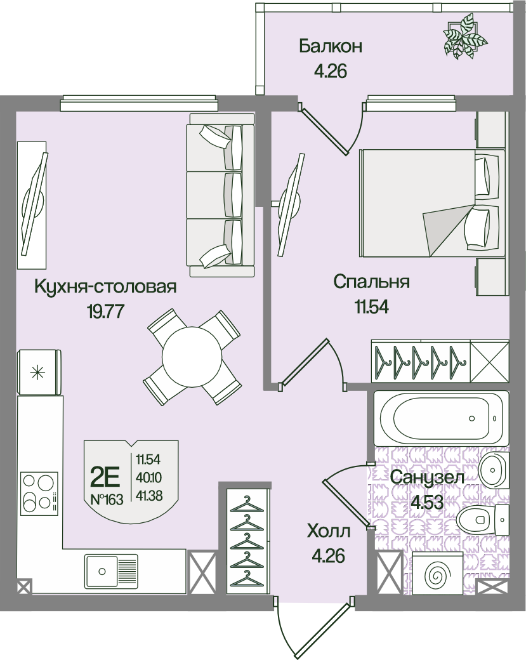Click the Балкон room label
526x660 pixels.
click(331, 46)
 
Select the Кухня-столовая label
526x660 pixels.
click(105, 287)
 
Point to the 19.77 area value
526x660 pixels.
click(105, 312)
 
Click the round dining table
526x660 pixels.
click(192, 357)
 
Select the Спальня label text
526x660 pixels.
click(371, 282)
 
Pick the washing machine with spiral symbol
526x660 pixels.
click(437, 573)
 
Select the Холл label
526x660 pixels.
click(329, 531)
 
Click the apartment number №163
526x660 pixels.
click(107, 499)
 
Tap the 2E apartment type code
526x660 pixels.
click(105, 477)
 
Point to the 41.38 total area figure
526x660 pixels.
click(149, 496)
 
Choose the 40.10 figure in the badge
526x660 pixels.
click(149, 478)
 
